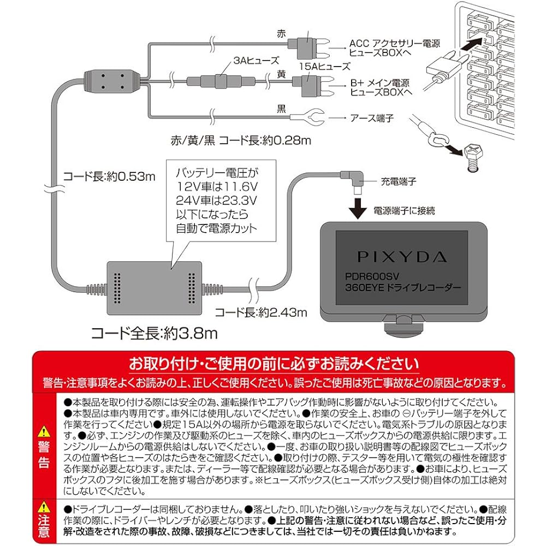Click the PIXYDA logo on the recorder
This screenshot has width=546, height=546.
tap(402, 256)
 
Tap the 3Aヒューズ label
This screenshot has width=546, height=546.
tap(233, 61)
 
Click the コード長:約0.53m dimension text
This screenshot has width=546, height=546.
tap(109, 176)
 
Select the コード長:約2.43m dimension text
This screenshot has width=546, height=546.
tap(260, 312)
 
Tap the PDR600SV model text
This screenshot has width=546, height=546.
tap(369, 277)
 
